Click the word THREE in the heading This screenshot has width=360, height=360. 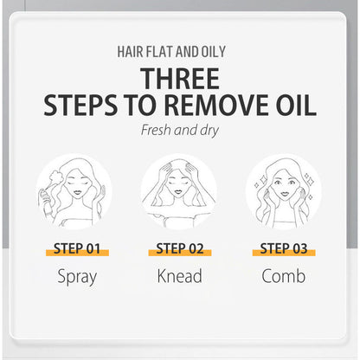coord(181,78)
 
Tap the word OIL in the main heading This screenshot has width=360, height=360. coord(290,106)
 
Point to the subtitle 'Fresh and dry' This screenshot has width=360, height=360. coord(181,132)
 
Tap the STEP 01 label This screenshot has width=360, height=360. coord(77,249)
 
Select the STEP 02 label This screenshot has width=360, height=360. coord(181,249)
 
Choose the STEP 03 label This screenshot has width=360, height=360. coord(283,249)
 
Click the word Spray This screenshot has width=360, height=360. coord(77,279)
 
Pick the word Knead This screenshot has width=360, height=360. coord(181,279)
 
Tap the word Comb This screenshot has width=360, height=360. coord(283,279)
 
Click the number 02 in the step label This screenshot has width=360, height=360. coord(196,249)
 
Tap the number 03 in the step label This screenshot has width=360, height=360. coord(299,249)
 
